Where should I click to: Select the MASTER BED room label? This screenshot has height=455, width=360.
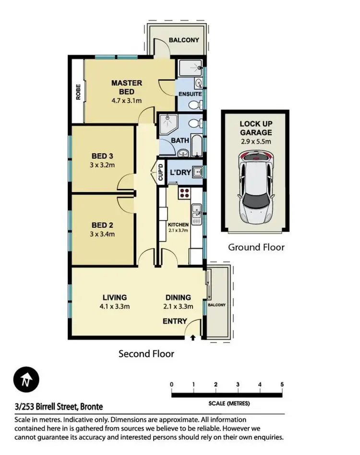tap(127, 87)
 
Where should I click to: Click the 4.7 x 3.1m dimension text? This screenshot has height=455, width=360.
tap(127, 101)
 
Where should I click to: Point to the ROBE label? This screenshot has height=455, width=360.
tap(78, 92)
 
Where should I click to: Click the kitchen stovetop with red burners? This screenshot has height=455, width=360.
tap(184, 194)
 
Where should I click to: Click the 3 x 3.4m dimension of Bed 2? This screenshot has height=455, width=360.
tap(102, 234)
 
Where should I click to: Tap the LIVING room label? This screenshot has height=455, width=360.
tap(114, 297)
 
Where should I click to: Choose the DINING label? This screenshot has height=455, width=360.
tap(178, 297)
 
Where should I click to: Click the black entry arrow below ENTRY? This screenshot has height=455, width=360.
tap(193, 338)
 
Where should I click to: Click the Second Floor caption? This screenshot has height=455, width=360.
tap(146, 354)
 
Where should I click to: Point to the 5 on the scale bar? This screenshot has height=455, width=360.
tap(282, 384)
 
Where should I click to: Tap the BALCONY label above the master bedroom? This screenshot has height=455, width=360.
tap(182, 40)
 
